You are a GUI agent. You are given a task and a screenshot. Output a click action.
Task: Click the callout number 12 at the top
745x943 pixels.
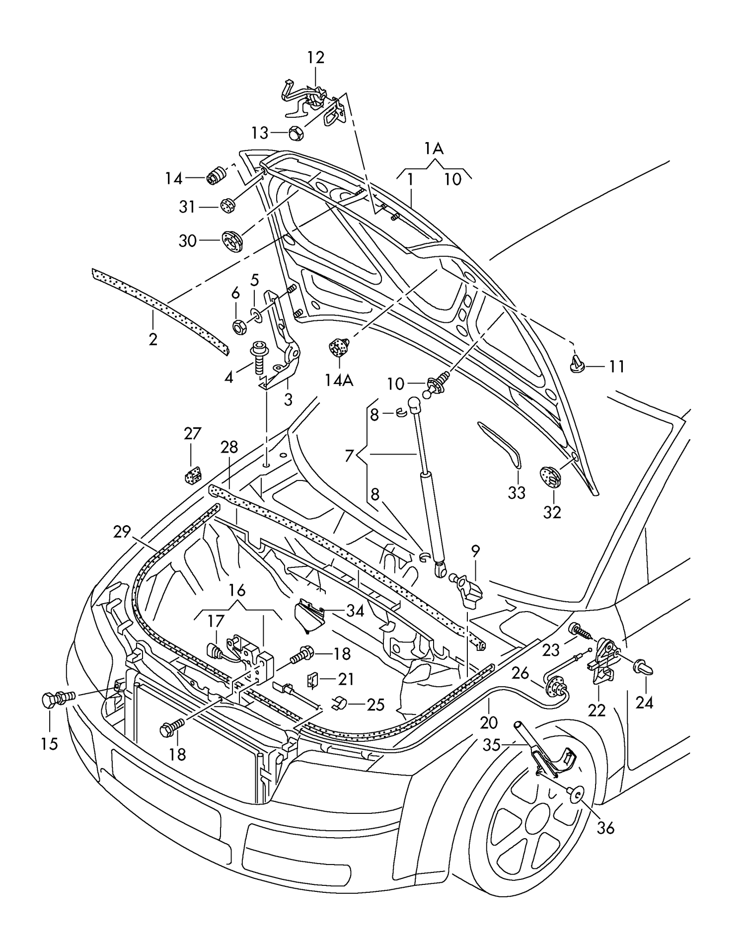pos(315,58)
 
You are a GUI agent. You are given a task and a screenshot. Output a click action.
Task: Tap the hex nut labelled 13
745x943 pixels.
pos(296,133)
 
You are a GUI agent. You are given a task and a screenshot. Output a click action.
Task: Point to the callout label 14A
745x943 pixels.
pos(339,381)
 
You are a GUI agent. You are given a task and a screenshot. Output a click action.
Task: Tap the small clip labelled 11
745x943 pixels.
pos(577,366)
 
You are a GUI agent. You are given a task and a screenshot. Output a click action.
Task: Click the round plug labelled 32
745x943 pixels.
pos(549,477)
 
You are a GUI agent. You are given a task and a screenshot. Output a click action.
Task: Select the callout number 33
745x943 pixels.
pos(517,493)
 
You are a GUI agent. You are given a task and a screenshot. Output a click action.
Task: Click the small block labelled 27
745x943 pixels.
pos(192,475)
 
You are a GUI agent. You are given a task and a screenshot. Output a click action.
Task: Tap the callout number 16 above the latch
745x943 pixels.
pos(237,590)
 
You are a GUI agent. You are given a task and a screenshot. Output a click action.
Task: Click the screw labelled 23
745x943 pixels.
pos(580,631)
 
